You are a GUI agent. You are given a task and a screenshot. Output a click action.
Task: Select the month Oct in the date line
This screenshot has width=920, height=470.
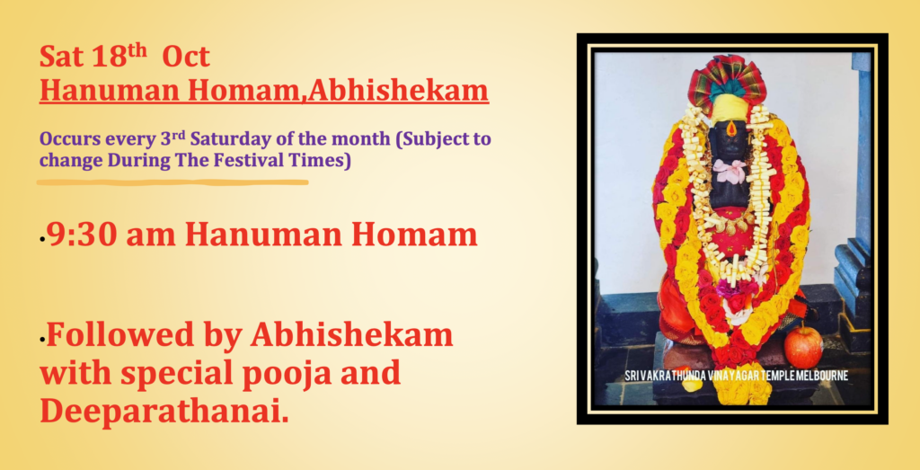[x=185, y=57]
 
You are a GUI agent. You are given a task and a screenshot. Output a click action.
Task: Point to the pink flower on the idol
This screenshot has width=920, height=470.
[x=729, y=171]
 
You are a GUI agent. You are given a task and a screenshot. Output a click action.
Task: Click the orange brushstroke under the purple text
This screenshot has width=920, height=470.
[x=172, y=182]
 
